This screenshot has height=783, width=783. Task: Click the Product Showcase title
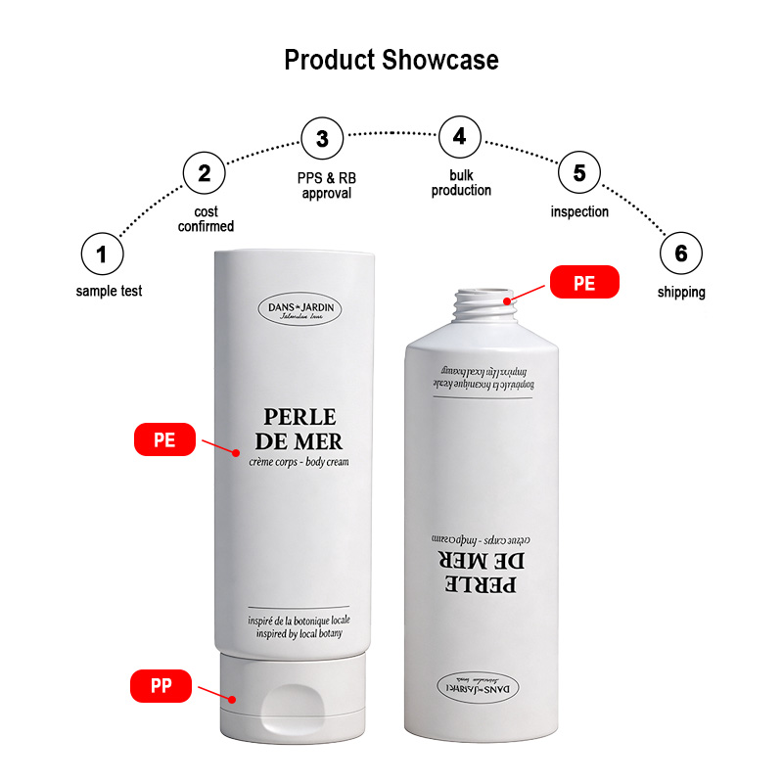click(391, 60)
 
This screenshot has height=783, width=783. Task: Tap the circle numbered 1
click(102, 255)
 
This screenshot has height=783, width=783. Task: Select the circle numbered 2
click(204, 174)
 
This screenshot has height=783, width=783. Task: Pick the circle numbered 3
click(322, 137)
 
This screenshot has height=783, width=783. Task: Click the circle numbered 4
click(459, 137)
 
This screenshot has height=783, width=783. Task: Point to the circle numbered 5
click(579, 173)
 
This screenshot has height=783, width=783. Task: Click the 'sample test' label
click(109, 291)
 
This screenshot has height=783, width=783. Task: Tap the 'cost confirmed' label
click(206, 219)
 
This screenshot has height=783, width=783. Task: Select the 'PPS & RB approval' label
click(326, 186)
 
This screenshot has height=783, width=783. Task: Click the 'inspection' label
click(579, 211)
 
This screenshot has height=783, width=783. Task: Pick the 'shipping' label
click(680, 292)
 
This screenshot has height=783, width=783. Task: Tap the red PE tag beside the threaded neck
click(584, 282)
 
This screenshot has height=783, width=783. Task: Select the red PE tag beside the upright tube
click(164, 439)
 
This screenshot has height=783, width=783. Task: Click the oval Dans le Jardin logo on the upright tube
click(301, 309)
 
